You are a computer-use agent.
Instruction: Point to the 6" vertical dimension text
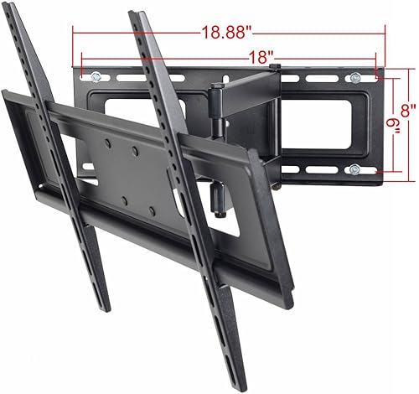pos(387,126)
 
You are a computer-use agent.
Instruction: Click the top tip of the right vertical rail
pos(134,14)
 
